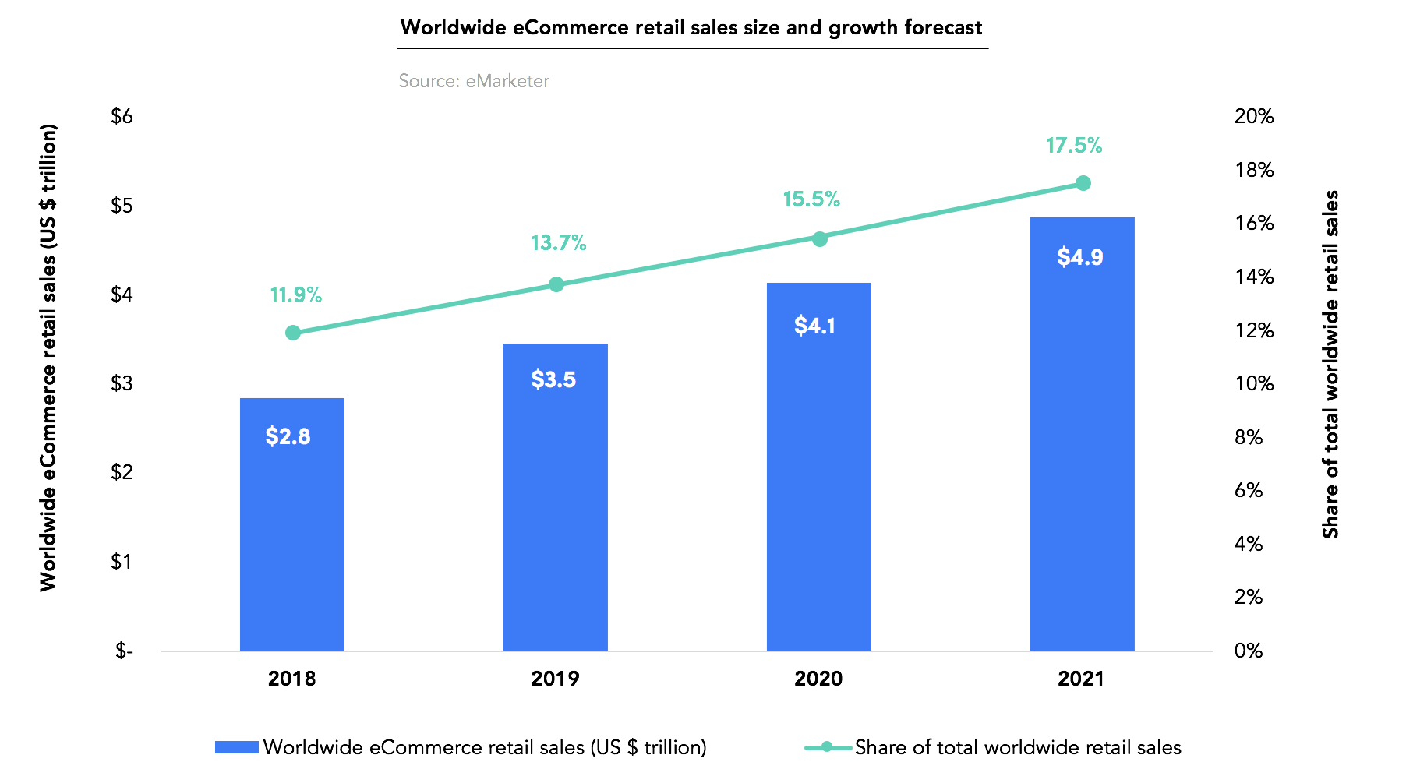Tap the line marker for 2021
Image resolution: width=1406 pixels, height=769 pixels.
[x=1083, y=183]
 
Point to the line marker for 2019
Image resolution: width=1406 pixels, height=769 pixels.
[x=556, y=284]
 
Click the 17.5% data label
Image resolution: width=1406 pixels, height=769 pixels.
[x=1074, y=146]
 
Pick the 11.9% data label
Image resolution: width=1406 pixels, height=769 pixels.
[x=295, y=295]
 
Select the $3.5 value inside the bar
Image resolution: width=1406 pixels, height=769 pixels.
[x=553, y=380]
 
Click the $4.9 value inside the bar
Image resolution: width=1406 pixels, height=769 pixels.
[x=1080, y=257]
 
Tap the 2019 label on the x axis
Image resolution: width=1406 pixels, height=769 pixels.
[x=555, y=679]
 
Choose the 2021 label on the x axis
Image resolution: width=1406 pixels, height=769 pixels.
[x=1081, y=679]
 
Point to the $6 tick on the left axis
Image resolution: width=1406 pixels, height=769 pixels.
[x=122, y=117]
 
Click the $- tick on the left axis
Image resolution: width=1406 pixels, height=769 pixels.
[x=124, y=651]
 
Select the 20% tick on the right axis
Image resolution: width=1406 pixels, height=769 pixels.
[x=1253, y=117]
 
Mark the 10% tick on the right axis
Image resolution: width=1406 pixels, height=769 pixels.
[x=1253, y=383]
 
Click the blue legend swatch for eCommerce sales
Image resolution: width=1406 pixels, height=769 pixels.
[x=236, y=747]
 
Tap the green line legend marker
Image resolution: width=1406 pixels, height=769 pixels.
[x=828, y=747]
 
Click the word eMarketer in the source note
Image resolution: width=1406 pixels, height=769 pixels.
[x=507, y=81]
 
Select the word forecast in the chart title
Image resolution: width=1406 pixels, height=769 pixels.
[x=943, y=28]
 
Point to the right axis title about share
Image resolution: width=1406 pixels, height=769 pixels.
[x=1330, y=364]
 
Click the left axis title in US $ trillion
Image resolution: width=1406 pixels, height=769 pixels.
[x=48, y=357]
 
